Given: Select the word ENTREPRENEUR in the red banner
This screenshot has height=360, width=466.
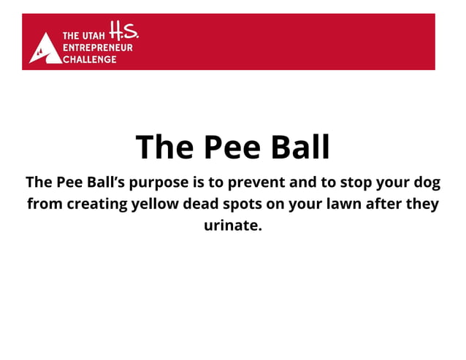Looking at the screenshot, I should pyautogui.click(x=98, y=47).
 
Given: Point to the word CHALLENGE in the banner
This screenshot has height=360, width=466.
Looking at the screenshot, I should pyautogui.click(x=89, y=59).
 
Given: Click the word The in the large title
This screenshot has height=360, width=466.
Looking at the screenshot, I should pyautogui.click(x=164, y=147).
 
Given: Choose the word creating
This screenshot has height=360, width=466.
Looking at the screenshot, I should pyautogui.click(x=97, y=204).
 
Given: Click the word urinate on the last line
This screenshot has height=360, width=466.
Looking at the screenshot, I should pyautogui.click(x=232, y=226).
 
